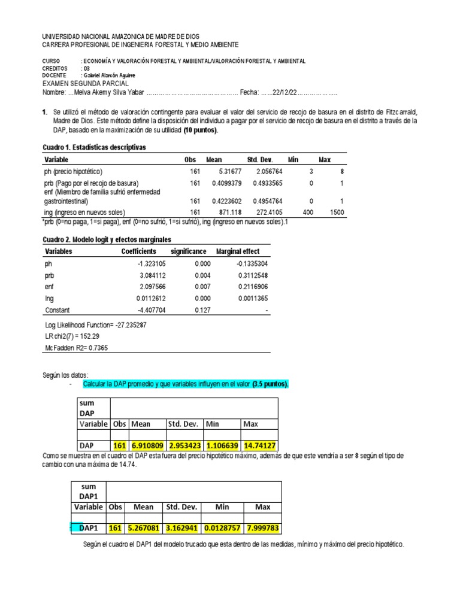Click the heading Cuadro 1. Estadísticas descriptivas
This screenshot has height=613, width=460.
pos(94,147)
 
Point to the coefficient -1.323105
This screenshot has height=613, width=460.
pos(141,263)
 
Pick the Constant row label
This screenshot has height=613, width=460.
pos(57,310)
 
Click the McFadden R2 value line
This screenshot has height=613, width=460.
pos(78,348)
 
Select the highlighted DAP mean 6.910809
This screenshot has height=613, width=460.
pos(147,445)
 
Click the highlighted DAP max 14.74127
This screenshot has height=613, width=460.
pos(259,445)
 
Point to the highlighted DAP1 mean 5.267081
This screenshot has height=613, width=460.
pos(144,529)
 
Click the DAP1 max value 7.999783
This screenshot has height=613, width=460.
pos(262,529)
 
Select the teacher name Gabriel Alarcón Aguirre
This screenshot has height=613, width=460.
pos(118,75)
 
